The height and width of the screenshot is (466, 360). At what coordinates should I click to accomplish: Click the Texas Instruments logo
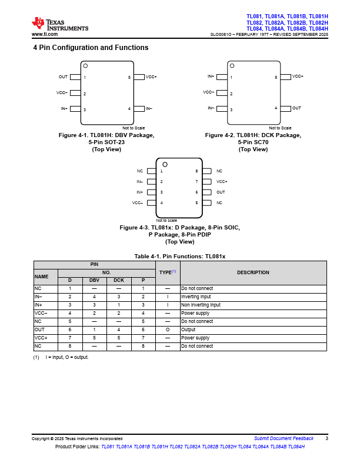(x=59, y=24)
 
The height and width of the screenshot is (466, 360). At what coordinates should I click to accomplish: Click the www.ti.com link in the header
(x=44, y=35)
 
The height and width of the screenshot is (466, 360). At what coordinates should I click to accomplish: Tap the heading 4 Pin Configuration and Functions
(x=91, y=48)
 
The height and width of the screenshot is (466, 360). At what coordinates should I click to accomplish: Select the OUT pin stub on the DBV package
(x=75, y=77)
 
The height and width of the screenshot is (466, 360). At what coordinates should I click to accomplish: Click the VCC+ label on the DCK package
(x=298, y=76)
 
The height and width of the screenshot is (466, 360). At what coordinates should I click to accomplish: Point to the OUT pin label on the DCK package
(x=296, y=108)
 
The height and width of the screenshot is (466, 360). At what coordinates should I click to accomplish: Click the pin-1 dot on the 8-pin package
(x=165, y=164)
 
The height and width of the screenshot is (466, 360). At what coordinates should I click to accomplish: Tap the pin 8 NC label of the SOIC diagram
(x=219, y=171)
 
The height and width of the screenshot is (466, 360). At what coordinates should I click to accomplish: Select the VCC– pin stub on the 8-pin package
(x=151, y=203)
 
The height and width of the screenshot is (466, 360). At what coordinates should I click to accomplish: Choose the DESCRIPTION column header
(x=253, y=272)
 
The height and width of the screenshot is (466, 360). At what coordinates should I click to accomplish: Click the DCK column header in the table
(x=118, y=281)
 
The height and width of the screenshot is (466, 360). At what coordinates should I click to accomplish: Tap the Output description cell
(x=190, y=330)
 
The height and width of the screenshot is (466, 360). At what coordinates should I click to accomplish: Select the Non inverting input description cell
(x=201, y=305)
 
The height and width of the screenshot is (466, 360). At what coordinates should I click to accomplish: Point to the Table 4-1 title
(x=179, y=257)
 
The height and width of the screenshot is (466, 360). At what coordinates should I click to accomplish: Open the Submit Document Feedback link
(x=284, y=438)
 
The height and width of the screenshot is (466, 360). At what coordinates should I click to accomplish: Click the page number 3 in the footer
(x=326, y=438)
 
